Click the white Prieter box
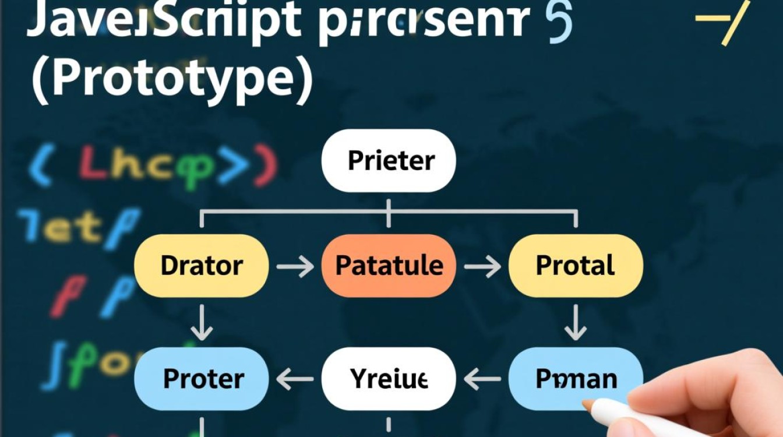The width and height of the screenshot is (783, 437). (389, 160)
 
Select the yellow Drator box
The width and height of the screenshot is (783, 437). (202, 266)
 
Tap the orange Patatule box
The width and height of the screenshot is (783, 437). (389, 266)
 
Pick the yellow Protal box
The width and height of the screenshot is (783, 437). (576, 266)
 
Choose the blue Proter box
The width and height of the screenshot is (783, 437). (202, 379)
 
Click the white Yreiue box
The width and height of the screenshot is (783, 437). (389, 379)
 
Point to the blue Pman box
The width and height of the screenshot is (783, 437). (576, 379)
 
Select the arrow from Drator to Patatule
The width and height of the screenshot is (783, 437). (295, 267)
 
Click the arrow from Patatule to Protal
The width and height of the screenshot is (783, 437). (482, 267)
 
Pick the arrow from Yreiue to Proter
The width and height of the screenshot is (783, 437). (295, 379)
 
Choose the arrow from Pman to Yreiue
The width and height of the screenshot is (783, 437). (482, 379)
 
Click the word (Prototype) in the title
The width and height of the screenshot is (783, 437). (172, 82)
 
